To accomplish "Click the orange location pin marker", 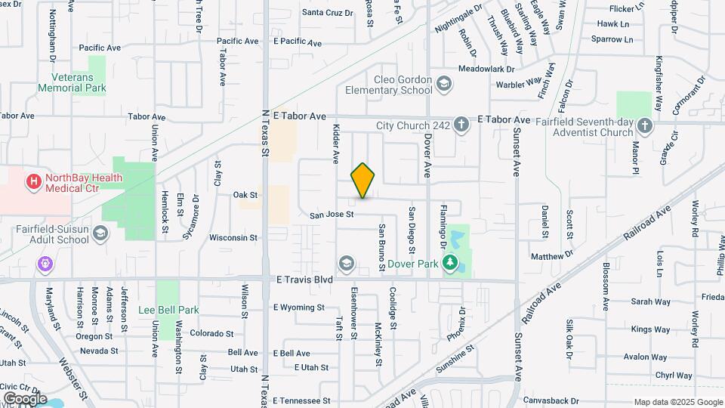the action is pyautogui.click(x=362, y=181).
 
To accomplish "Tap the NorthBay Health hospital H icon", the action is pyautogui.click(x=33, y=181).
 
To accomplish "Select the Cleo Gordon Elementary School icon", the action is pyautogui.click(x=445, y=83).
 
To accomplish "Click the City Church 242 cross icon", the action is pyautogui.click(x=461, y=126).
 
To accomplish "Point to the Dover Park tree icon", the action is pyautogui.click(x=451, y=264).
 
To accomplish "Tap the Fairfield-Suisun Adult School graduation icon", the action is pyautogui.click(x=100, y=235).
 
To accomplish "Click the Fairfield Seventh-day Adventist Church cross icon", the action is pyautogui.click(x=644, y=126).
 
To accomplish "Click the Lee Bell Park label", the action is pyautogui.click(x=168, y=310).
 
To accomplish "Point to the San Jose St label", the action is pyautogui.click(x=332, y=215).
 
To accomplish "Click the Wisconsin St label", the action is pyautogui.click(x=234, y=237).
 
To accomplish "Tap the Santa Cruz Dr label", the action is pyautogui.click(x=327, y=12).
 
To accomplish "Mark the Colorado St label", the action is pyautogui.click(x=212, y=333).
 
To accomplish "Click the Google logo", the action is pyautogui.click(x=25, y=398).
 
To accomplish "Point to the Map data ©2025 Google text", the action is pyautogui.click(x=677, y=402).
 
